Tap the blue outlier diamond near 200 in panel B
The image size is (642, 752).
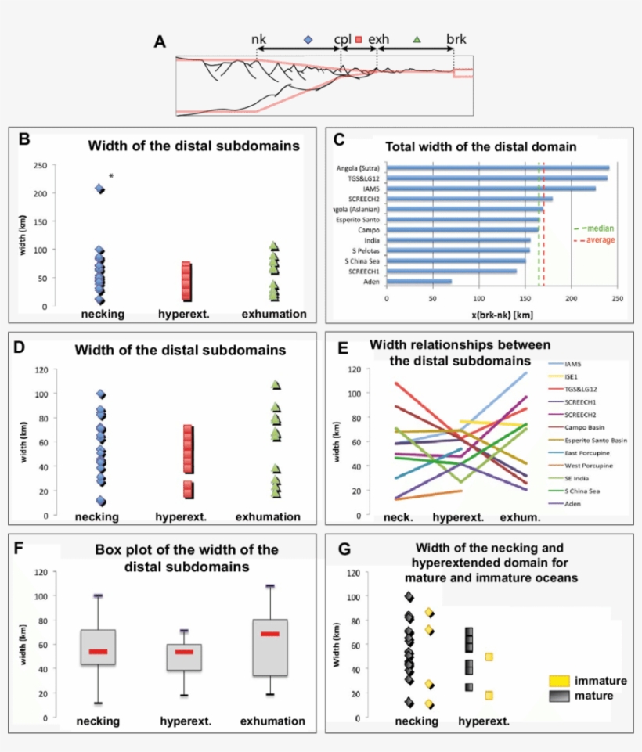pyautogui.click(x=100, y=189)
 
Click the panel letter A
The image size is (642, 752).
pyautogui.click(x=160, y=41)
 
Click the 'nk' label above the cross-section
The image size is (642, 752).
pyautogui.click(x=258, y=38)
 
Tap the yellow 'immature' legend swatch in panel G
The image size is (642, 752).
pyautogui.click(x=558, y=681)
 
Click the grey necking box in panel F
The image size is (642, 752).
pyautogui.click(x=98, y=647)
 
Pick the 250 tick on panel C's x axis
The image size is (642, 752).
pyautogui.click(x=616, y=298)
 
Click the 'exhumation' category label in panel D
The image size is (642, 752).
pyautogui.click(x=269, y=516)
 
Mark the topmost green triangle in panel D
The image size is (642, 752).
pyautogui.click(x=276, y=385)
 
